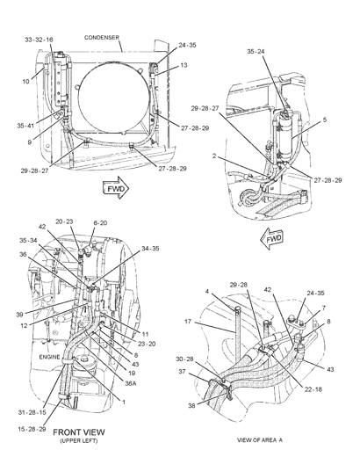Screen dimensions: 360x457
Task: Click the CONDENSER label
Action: pyautogui.click(x=102, y=38)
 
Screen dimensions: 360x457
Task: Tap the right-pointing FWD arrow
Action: pyautogui.click(x=116, y=188)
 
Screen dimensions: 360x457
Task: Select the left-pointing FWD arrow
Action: pyautogui.click(x=272, y=239)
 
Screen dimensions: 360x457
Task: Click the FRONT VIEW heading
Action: pyautogui.click(x=79, y=432)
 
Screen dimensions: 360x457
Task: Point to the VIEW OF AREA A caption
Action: pyautogui.click(x=260, y=439)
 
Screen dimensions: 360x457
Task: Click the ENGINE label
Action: pyautogui.click(x=49, y=357)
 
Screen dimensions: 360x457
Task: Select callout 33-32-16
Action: pyautogui.click(x=39, y=40)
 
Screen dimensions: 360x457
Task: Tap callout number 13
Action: pyautogui.click(x=184, y=65)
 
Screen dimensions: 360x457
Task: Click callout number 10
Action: pyautogui.click(x=25, y=82)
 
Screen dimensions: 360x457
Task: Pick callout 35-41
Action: pyautogui.click(x=25, y=126)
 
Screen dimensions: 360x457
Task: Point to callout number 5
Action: pyautogui.click(x=325, y=120)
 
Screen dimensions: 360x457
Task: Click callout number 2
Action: pyautogui.click(x=214, y=156)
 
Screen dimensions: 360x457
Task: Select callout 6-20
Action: pyautogui.click(x=100, y=223)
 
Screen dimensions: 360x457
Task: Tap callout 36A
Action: pyautogui.click(x=130, y=383)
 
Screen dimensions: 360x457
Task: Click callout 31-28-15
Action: pyautogui.click(x=32, y=412)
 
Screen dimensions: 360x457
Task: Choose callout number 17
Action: pyautogui.click(x=188, y=322)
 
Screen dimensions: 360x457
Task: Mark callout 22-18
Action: pyautogui.click(x=313, y=389)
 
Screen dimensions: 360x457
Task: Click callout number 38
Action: pyautogui.click(x=191, y=406)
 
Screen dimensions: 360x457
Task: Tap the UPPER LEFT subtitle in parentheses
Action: pyautogui.click(x=79, y=440)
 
